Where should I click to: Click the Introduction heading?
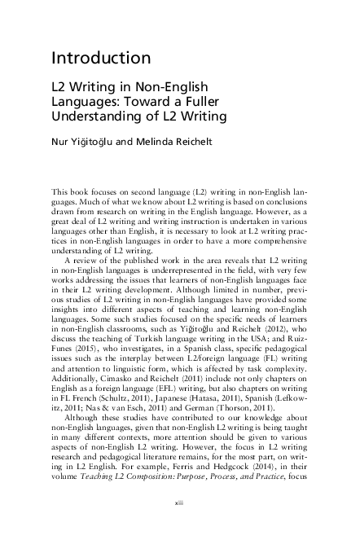pos(100,58)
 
